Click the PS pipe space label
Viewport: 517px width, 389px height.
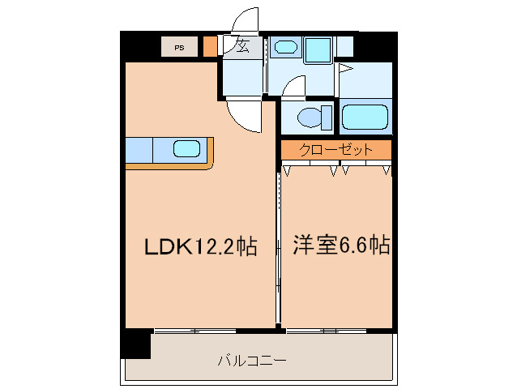click(178, 47)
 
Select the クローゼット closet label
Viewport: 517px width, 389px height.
click(335, 150)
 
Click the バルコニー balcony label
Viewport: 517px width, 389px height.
click(252, 360)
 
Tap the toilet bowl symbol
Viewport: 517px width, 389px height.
click(309, 118)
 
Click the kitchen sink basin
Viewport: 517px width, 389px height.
click(186, 149)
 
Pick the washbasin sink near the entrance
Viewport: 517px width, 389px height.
click(285, 48)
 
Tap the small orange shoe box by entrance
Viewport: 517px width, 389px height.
click(210, 46)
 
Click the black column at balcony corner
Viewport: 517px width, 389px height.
click(135, 344)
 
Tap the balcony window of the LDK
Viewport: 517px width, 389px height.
click(194, 331)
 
